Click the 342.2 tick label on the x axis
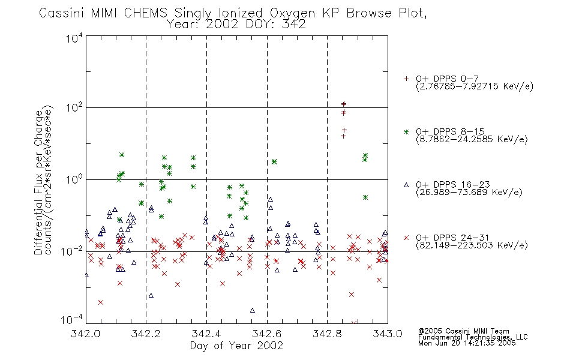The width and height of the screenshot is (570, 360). click(x=146, y=334)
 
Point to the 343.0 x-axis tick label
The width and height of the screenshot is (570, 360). click(x=388, y=334)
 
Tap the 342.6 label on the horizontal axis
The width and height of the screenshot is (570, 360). click(x=267, y=334)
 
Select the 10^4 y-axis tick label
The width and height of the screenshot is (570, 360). click(x=74, y=38)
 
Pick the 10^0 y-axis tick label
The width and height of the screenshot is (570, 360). click(x=74, y=179)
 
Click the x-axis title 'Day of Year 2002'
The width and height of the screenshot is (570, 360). click(x=236, y=346)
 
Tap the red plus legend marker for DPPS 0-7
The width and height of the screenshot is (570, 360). click(x=406, y=79)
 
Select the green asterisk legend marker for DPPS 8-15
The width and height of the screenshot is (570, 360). click(x=406, y=131)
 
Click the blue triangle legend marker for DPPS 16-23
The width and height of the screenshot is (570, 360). click(x=406, y=185)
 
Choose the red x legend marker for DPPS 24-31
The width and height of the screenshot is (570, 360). click(x=406, y=238)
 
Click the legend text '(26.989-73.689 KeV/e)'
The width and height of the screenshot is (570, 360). click(x=469, y=192)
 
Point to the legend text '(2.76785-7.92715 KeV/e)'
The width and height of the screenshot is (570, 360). click(x=475, y=86)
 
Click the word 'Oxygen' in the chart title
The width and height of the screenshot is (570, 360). click(x=293, y=13)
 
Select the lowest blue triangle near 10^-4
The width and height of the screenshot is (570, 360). click(x=252, y=310)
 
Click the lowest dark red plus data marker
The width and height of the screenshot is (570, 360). click(x=343, y=136)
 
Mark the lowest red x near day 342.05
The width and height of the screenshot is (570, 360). click(x=101, y=302)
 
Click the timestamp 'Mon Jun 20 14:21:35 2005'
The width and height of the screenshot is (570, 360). click(x=467, y=343)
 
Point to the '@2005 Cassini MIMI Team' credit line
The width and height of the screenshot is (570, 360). click(x=463, y=331)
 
